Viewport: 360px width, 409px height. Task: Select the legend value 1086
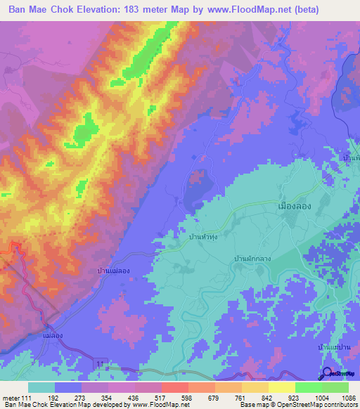(348, 399)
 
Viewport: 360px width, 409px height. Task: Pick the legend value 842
(268, 399)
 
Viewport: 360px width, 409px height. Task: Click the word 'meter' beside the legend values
(12, 399)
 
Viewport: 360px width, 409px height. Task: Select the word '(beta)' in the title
(284, 10)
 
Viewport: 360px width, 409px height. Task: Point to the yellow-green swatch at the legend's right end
(335, 387)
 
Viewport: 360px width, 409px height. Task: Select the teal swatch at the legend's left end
(41, 387)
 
